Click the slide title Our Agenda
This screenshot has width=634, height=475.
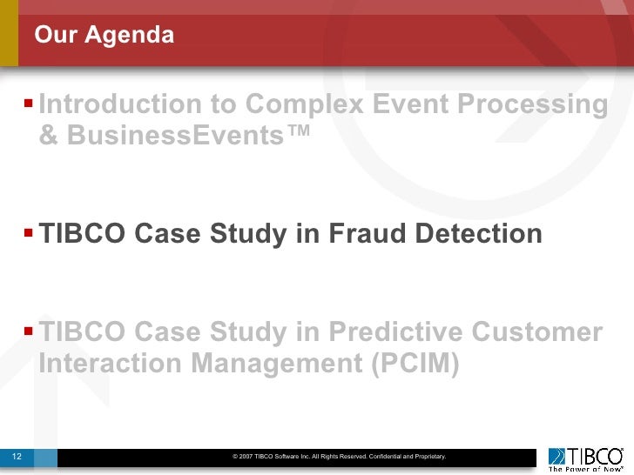pyautogui.click(x=105, y=37)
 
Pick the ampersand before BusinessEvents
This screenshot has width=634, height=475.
pyautogui.click(x=49, y=136)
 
